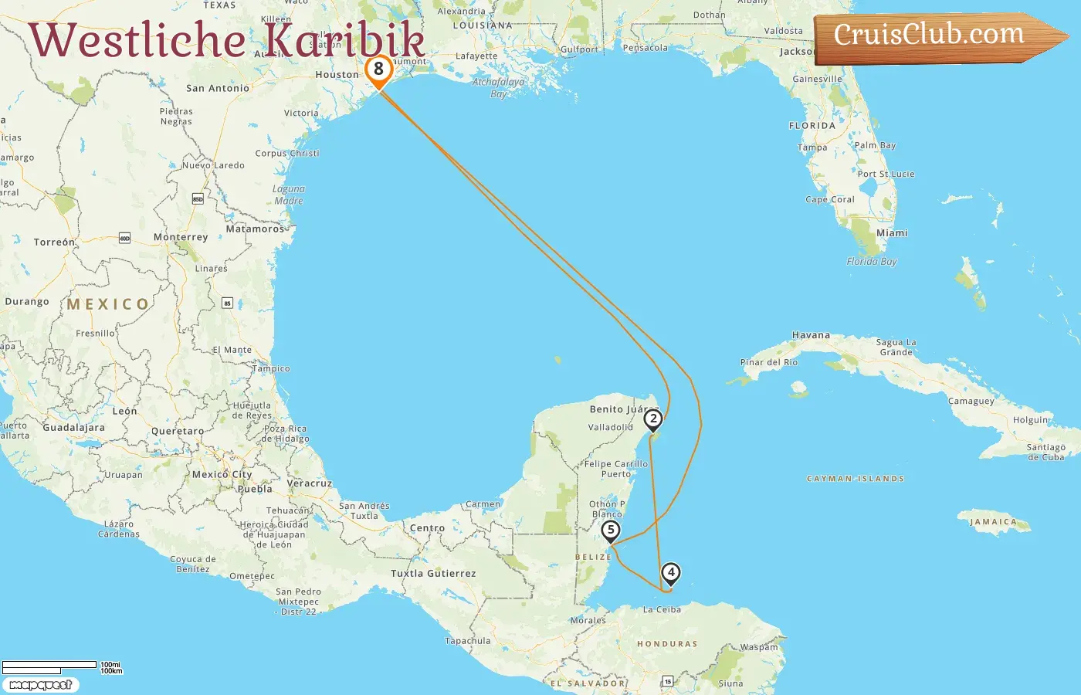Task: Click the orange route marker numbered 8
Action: (378, 69)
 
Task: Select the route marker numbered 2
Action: (653, 419)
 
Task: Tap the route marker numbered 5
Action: (611, 531)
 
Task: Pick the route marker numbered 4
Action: (671, 573)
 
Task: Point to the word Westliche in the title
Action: (137, 40)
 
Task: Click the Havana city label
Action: (811, 335)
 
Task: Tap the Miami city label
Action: (892, 232)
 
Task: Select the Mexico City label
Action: (222, 474)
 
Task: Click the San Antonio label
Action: (218, 88)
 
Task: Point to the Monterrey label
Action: (181, 237)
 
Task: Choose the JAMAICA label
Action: (994, 522)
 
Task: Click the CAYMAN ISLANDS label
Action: (855, 479)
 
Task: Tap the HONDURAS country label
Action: (667, 644)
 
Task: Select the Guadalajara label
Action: (73, 427)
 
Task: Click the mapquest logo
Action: (40, 685)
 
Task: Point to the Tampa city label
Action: (812, 147)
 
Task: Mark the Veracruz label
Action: (309, 483)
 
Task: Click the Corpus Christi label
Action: (287, 153)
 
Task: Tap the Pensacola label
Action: (645, 48)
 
